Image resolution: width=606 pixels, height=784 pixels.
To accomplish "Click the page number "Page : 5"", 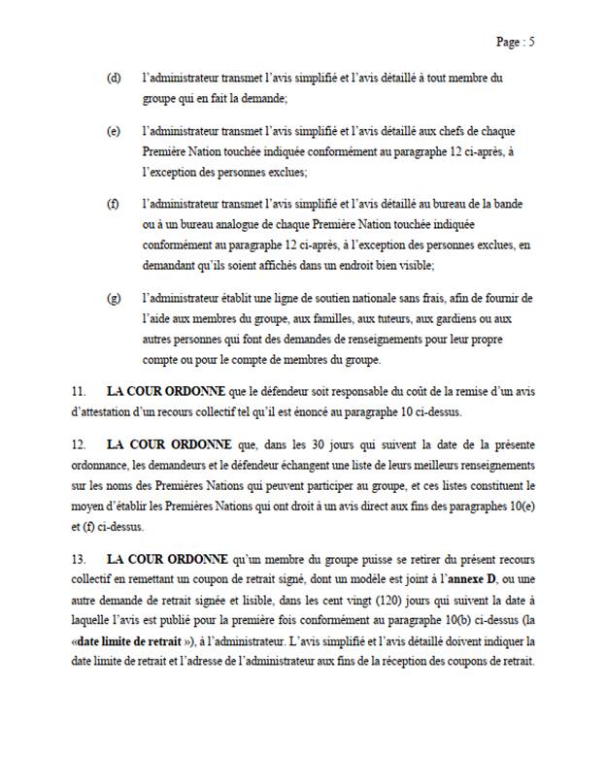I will point(515,42).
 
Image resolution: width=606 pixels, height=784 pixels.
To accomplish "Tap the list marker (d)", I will point(114,78).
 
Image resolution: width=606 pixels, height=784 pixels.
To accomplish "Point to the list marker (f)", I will point(114,206).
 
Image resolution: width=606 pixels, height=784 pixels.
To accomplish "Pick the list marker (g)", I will point(114,298).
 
